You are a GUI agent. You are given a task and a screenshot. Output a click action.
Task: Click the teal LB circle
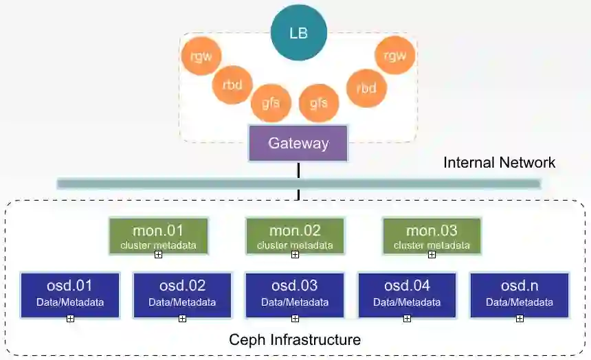(298, 32)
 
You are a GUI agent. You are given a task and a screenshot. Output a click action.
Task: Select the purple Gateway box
(298, 144)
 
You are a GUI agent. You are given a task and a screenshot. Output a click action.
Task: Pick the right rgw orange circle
(394, 56)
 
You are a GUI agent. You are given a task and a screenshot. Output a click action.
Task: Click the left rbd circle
(233, 85)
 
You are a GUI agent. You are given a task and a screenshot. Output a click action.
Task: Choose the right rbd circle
(366, 87)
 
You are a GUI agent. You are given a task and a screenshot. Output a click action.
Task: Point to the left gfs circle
(270, 104)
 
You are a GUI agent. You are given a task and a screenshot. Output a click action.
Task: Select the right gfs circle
(319, 104)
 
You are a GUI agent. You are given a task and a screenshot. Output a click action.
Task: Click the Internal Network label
(500, 163)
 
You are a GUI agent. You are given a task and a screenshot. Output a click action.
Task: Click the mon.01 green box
(159, 236)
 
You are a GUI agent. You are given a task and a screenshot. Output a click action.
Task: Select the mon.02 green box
(295, 236)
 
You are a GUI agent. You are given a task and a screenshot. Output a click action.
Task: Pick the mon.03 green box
(432, 236)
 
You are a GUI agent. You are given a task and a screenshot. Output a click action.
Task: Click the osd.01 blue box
(70, 295)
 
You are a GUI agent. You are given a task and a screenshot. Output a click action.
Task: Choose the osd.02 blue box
(182, 295)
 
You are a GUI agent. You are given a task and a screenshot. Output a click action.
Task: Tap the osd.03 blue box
(295, 295)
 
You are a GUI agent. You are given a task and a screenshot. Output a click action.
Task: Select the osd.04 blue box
(407, 295)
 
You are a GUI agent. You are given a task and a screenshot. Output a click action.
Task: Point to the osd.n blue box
(520, 295)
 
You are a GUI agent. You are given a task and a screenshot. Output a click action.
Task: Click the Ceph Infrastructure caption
(295, 339)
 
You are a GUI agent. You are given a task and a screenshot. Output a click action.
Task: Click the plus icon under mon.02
(295, 255)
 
